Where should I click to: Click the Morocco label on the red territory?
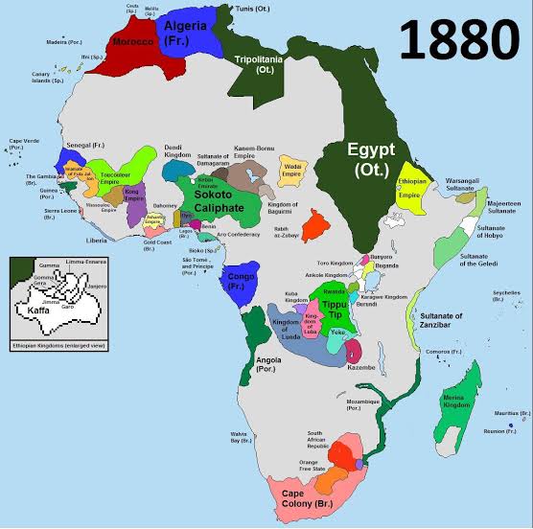tap(134, 44)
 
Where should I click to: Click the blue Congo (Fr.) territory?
tap(242, 284)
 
